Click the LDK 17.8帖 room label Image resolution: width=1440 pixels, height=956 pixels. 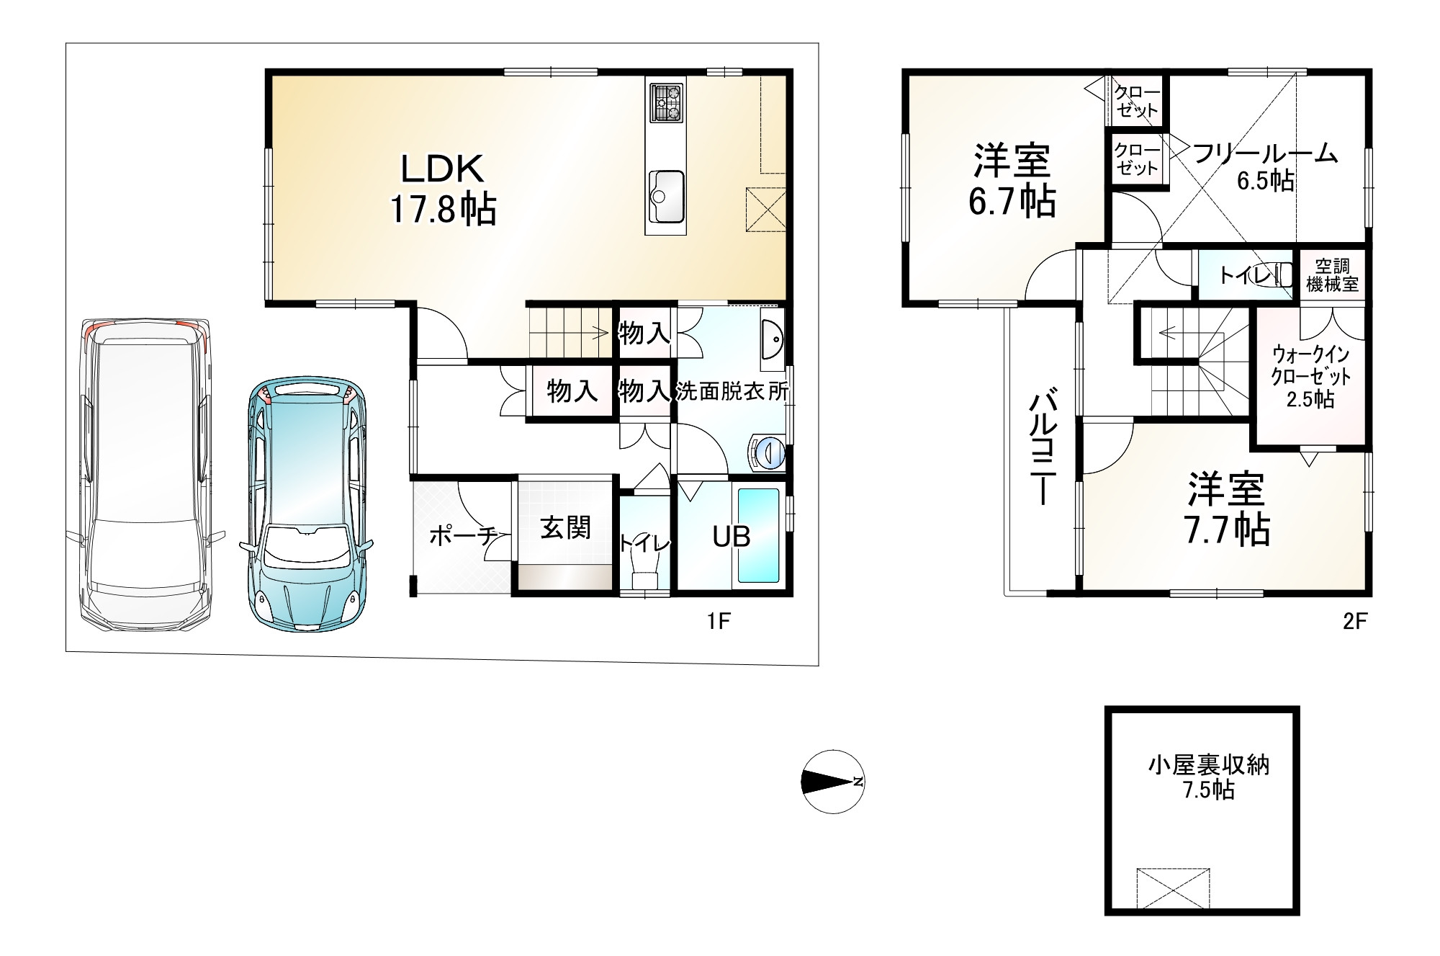[x=443, y=189]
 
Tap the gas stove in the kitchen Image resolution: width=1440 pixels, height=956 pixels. [x=665, y=103]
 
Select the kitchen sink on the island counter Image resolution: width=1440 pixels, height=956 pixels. [x=666, y=197]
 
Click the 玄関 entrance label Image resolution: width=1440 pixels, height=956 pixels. [x=566, y=528]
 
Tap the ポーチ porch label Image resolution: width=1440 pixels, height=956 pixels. [x=463, y=536]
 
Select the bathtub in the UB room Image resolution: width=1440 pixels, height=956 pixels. [x=759, y=536]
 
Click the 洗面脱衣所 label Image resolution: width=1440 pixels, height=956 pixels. [x=732, y=391]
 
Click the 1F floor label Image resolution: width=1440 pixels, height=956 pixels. [x=719, y=621]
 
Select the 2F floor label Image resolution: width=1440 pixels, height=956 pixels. [x=1354, y=621]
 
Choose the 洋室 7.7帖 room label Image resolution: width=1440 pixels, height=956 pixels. [x=1226, y=509]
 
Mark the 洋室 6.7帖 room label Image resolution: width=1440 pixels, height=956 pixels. [x=1012, y=180]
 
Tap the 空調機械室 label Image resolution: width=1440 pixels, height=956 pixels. [x=1332, y=274]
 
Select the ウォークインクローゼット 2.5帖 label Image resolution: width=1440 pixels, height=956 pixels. [x=1310, y=377]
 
